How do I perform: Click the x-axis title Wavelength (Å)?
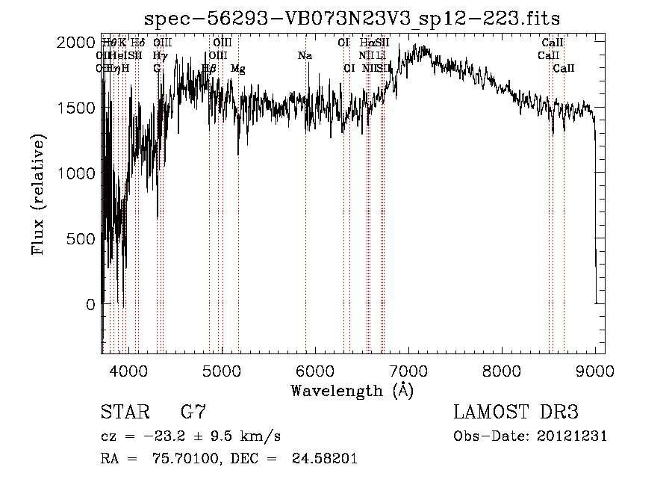coord(352,390)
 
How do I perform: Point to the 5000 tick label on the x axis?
coord(221,369)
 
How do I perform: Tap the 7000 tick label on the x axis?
coord(408,369)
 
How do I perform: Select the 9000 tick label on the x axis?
coord(595,369)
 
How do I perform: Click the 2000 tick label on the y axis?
coord(75,43)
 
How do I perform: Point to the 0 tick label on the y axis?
coord(90,305)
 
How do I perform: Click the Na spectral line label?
coord(305,56)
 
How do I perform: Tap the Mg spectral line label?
coord(237,69)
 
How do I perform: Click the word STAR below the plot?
coord(125,413)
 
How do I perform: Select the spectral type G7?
coord(193,413)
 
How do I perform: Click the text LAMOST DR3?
coord(515,413)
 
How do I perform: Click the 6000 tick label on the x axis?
coord(315,369)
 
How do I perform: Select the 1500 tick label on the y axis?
coord(75,108)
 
